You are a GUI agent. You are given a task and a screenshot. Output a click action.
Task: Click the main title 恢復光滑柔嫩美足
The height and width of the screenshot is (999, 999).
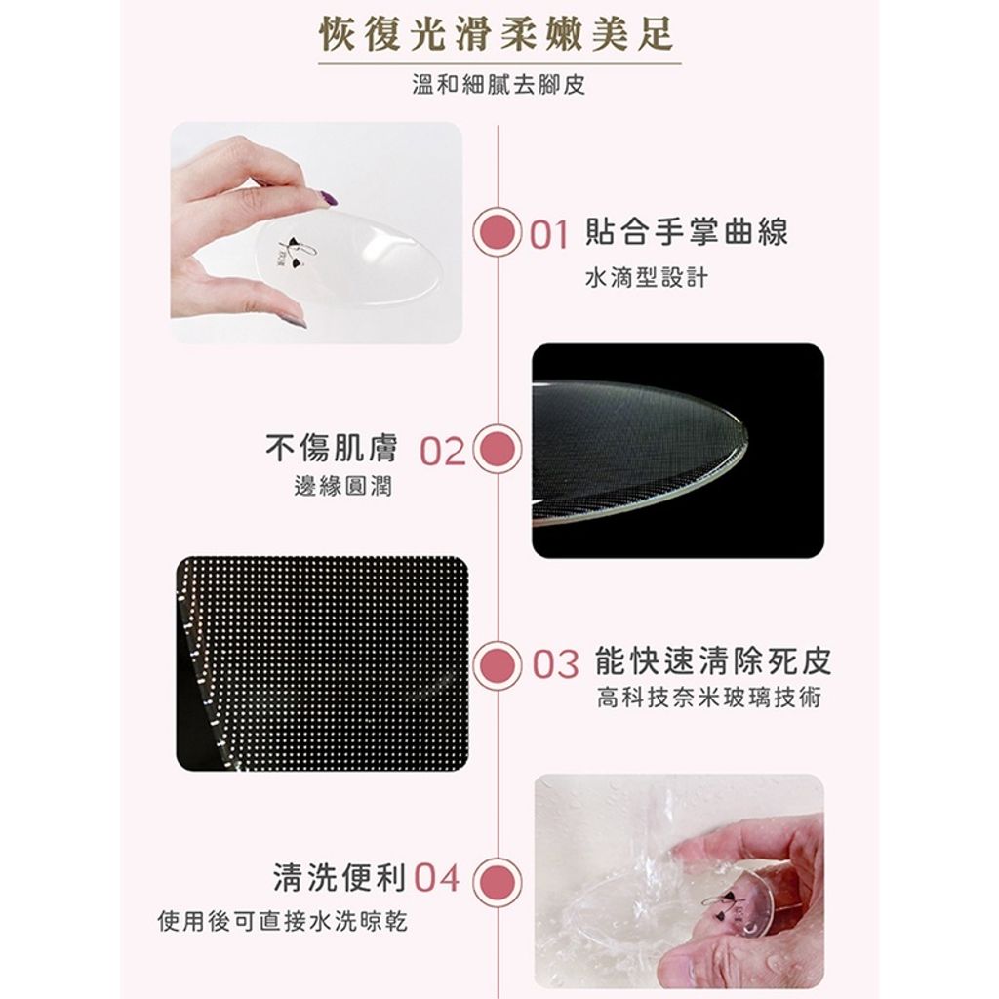(x=496, y=34)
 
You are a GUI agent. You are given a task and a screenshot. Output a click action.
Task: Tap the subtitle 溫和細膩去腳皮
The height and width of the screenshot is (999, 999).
(x=499, y=85)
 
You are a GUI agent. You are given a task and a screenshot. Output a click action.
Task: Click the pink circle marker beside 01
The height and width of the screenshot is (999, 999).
(x=497, y=232)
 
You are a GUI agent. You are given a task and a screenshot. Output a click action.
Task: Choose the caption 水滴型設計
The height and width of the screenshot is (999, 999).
(x=647, y=278)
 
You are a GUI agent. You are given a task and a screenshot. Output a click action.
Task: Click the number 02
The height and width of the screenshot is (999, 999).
(x=442, y=451)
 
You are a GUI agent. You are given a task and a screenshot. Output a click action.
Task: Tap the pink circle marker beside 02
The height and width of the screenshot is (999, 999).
(x=497, y=449)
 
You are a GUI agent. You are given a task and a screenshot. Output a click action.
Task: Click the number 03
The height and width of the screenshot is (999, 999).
(x=555, y=664)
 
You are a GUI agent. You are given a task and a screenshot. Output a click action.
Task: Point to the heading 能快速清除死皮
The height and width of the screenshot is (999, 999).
(x=713, y=660)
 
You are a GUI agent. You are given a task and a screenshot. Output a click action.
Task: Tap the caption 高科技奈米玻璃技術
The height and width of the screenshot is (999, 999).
(x=709, y=698)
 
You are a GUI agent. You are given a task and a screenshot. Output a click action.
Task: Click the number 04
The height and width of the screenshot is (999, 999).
(x=437, y=879)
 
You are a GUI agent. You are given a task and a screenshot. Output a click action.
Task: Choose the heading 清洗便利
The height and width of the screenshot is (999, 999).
(x=340, y=877)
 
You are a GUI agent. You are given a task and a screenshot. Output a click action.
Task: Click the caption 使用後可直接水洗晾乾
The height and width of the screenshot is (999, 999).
(x=282, y=921)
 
